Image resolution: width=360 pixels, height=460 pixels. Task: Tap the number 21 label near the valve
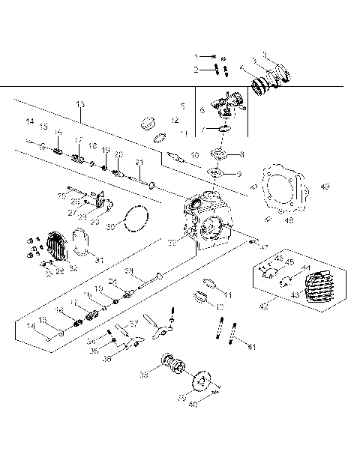click(139, 162)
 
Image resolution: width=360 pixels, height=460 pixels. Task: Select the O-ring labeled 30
click(133, 220)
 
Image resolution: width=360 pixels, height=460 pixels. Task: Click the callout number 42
click(262, 306)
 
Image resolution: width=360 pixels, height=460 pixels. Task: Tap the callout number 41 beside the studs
click(252, 346)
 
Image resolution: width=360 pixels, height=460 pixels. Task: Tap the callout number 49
click(324, 187)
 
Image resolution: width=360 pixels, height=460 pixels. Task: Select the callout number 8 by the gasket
click(241, 154)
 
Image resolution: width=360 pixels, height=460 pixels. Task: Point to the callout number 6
click(202, 110)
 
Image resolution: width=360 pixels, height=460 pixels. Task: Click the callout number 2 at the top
click(196, 70)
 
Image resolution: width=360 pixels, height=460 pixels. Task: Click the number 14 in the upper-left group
click(31, 121)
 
